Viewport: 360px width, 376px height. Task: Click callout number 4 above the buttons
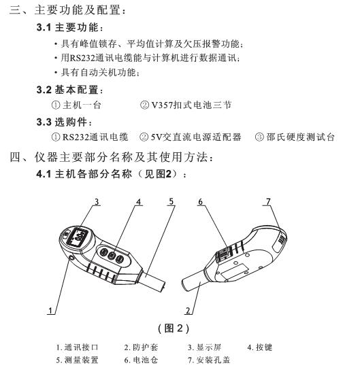click(x=138, y=202)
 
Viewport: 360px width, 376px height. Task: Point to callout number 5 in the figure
click(x=171, y=201)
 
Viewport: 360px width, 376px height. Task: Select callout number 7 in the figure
click(x=268, y=201)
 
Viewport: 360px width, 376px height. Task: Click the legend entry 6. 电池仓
click(x=145, y=360)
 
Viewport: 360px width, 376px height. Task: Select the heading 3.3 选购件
click(x=61, y=122)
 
